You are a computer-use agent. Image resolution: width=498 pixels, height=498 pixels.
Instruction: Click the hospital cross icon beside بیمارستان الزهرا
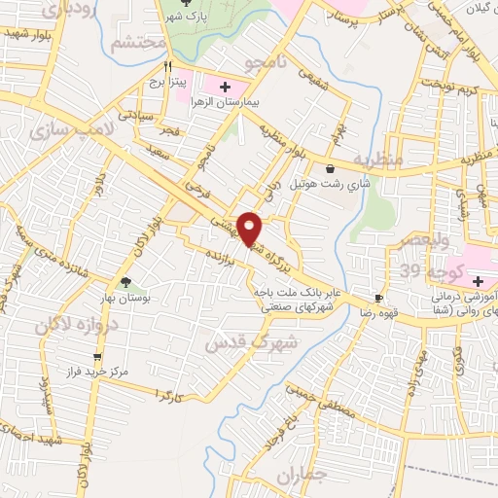[227, 85]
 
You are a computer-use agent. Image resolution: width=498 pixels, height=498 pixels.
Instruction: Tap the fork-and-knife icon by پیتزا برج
[167, 67]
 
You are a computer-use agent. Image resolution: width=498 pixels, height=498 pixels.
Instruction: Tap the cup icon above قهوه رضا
[378, 299]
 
